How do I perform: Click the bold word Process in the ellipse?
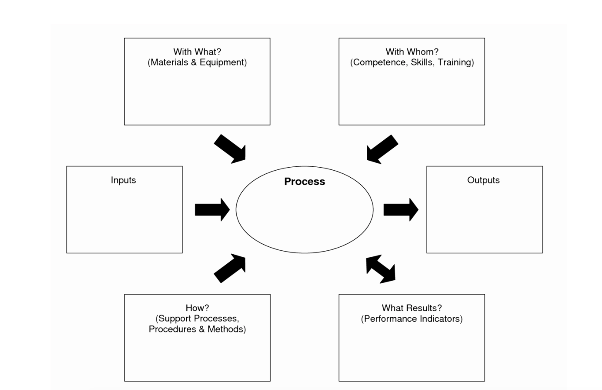coord(304,181)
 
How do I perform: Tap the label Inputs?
coord(123,180)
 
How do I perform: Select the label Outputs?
coord(483,180)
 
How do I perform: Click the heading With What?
coord(197,52)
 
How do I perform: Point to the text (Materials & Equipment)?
coord(197,63)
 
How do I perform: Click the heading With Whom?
coord(412,52)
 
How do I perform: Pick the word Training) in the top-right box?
coord(456,63)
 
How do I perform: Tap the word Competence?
coord(379,63)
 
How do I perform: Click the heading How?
coord(197,308)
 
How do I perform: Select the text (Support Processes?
coord(197,318)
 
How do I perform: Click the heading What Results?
coord(412,308)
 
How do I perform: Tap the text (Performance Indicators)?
coord(412,319)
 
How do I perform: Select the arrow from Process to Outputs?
coord(400,210)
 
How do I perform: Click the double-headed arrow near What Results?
coord(381,270)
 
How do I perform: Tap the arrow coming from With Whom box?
coord(381,149)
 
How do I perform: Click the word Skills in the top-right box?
coord(422,63)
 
